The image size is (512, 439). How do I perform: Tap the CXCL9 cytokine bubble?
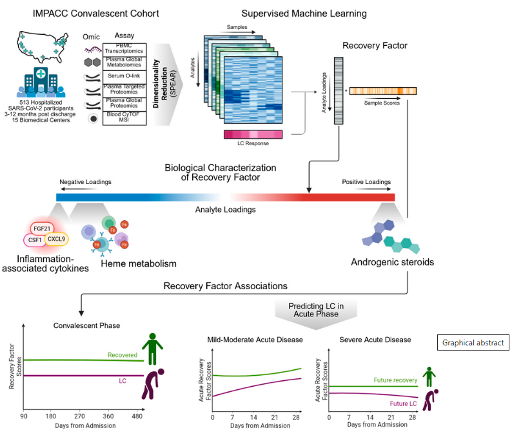[x=58, y=240]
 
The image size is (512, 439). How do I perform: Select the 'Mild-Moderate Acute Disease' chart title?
[x=255, y=340]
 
